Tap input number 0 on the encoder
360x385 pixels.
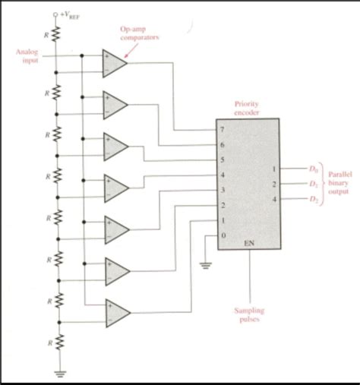tap(222, 235)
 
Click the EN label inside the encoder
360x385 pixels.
tap(249, 245)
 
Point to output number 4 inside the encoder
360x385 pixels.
tap(273, 199)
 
